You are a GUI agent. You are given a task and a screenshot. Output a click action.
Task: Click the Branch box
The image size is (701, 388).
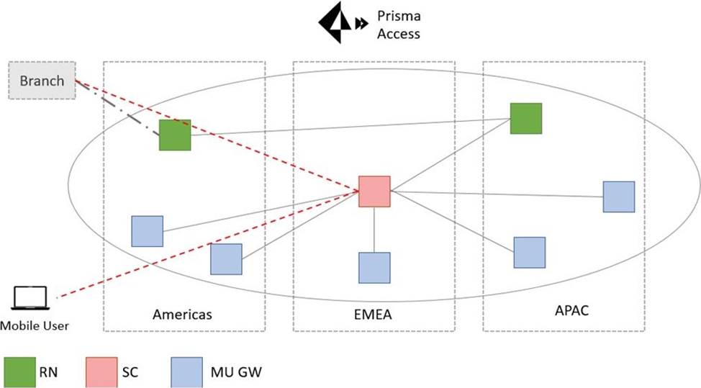(x=42, y=81)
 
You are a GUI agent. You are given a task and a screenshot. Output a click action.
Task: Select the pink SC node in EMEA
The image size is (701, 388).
(x=374, y=191)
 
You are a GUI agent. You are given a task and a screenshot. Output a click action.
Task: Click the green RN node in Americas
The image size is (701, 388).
(x=175, y=135)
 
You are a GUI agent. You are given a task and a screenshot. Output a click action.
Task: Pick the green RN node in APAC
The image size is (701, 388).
(x=525, y=118)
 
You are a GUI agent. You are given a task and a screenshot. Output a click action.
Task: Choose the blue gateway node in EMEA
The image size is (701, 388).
(x=374, y=267)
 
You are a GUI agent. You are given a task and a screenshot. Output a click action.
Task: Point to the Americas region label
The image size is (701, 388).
(x=182, y=314)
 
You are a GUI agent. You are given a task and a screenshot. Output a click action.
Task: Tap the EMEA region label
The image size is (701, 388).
(x=373, y=314)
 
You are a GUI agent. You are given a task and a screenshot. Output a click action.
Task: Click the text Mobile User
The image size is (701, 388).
(x=35, y=326)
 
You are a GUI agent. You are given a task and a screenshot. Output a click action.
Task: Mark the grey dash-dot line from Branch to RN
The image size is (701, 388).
(x=119, y=108)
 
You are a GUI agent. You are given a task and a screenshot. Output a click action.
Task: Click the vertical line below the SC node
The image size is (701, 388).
(x=374, y=230)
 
